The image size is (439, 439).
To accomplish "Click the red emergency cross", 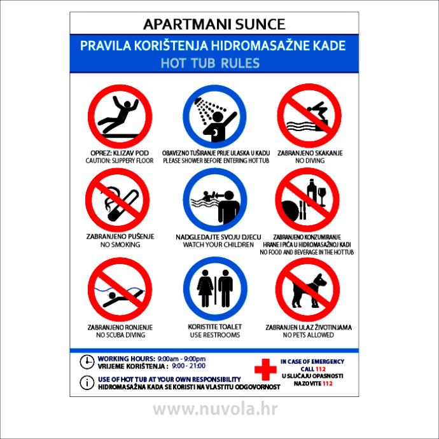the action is point(265,370).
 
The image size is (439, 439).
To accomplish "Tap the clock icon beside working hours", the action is point(87,362).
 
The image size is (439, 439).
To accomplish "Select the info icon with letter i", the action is point(87,382).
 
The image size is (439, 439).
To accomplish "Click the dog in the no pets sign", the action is point(309,291).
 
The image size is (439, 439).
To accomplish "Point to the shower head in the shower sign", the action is point(199,101).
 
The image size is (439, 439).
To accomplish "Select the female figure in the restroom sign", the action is point(206,288).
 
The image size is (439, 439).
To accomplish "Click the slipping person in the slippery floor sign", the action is point(118,115).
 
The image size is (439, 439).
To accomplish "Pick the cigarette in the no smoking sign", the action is point(123,206).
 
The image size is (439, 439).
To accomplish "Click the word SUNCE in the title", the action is point(260,24).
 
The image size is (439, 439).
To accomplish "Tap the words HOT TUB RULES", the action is point(210,63).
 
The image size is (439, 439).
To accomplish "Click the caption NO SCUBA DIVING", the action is point(121,335).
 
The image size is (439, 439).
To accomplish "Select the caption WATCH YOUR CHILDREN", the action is point(218,244).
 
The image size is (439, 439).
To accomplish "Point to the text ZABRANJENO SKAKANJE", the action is point(310,153).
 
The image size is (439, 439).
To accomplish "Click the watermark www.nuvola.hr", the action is point(215,409).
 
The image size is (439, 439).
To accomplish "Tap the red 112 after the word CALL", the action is point(321,369).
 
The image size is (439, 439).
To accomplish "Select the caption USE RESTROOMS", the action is point(215,335).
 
